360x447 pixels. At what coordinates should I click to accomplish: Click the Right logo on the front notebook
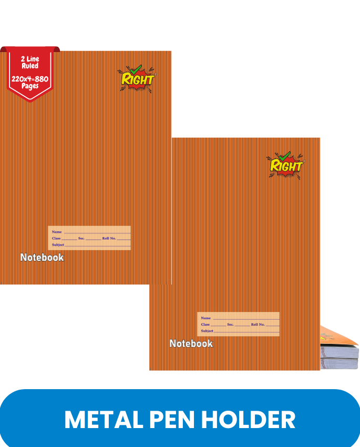[286, 164]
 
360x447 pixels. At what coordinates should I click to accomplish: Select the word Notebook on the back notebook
[42, 257]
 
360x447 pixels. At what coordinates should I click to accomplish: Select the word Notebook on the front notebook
[191, 343]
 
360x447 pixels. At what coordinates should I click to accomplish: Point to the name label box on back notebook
[89, 238]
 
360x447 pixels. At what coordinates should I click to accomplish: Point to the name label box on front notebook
[238, 324]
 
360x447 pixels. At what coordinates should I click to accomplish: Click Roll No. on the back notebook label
[109, 238]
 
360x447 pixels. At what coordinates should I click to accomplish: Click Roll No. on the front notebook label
[258, 324]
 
